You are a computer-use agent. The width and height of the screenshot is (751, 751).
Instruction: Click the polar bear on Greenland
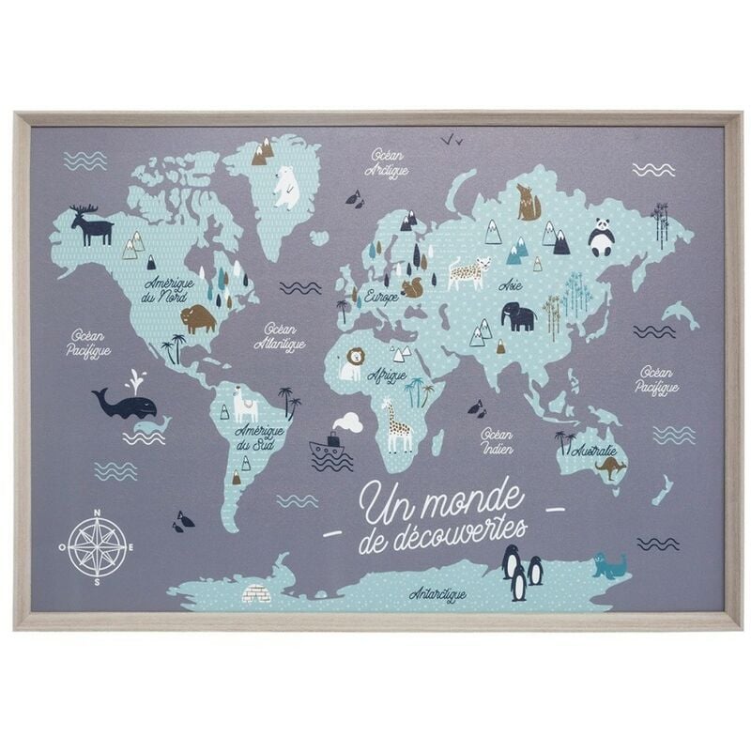pyautogui.click(x=285, y=187)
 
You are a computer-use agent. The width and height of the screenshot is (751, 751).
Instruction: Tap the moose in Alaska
pyautogui.click(x=91, y=226)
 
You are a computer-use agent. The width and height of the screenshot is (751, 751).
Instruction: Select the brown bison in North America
pyautogui.click(x=198, y=319)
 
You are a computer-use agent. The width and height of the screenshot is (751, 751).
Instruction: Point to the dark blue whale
pyautogui.click(x=125, y=404)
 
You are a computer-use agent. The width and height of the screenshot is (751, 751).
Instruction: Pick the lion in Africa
pyautogui.click(x=352, y=363)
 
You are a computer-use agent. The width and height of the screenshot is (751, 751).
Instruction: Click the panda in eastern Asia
pyautogui.click(x=601, y=237)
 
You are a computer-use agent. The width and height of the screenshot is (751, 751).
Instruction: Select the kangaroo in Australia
pyautogui.click(x=610, y=467)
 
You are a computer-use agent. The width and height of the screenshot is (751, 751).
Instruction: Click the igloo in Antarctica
pyautogui.click(x=256, y=592)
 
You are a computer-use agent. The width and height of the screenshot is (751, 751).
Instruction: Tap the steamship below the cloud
pyautogui.click(x=330, y=447)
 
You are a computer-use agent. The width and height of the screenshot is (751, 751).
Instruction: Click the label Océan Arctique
pyautogui.click(x=387, y=161)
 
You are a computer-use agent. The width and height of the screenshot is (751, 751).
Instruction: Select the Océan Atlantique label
pyautogui.click(x=279, y=337)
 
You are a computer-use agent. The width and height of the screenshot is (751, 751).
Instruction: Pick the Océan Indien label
pyautogui.click(x=496, y=442)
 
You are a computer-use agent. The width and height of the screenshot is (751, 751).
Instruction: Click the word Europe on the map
pyautogui.click(x=381, y=296)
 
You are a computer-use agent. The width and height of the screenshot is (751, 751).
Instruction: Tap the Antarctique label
pyautogui.click(x=437, y=594)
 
